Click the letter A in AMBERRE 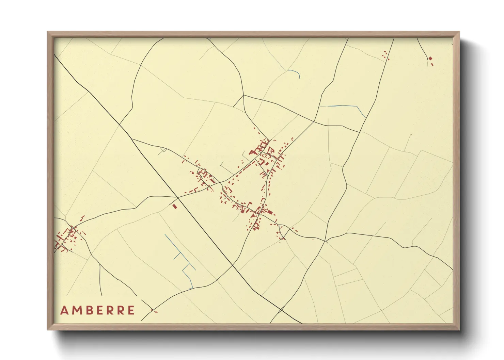click(64, 310)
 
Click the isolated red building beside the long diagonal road click(175, 206)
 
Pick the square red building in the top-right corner click(430, 59)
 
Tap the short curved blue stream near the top click(295, 73)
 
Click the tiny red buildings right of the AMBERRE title click(154, 311)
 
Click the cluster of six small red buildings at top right click(386, 55)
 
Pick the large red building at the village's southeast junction click(270, 212)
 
